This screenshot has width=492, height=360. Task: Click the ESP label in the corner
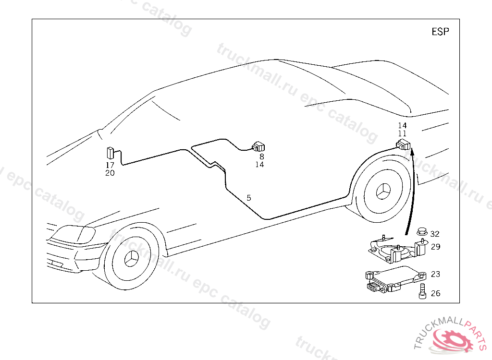440,32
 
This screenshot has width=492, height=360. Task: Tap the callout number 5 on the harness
249,198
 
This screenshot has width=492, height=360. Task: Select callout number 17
110,165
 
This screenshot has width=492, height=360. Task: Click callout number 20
110,173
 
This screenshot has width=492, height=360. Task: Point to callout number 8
262,156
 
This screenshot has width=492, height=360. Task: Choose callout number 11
402,133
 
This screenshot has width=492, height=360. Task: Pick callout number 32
435,234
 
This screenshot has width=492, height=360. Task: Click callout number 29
435,247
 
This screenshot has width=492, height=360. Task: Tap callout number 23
435,275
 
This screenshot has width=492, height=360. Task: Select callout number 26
435,293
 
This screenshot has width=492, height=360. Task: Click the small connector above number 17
110,153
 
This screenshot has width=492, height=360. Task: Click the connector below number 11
403,144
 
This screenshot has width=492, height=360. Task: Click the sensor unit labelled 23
394,279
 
